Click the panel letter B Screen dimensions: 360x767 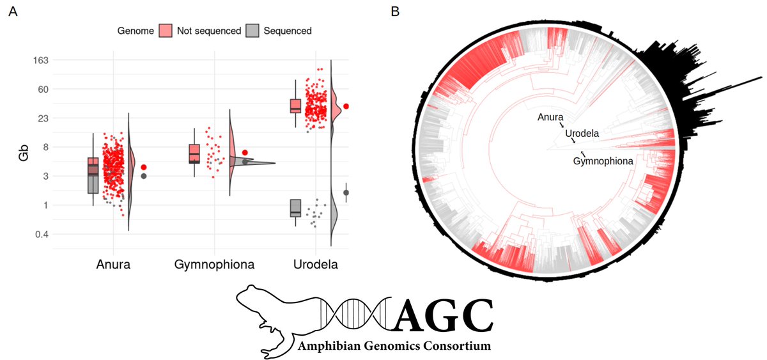click(x=396, y=11)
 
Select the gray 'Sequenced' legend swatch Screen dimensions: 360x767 click(x=253, y=30)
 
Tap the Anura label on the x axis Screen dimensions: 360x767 click(x=114, y=264)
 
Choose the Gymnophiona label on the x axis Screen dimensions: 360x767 click(x=214, y=264)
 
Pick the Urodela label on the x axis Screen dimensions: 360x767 click(x=313, y=264)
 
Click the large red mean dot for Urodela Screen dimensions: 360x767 click(x=346, y=106)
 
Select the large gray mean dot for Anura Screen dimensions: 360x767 click(x=144, y=176)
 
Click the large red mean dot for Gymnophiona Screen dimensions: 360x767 click(x=245, y=153)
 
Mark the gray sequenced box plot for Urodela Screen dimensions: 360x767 click(x=295, y=208)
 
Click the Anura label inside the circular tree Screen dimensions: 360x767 click(x=550, y=117)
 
